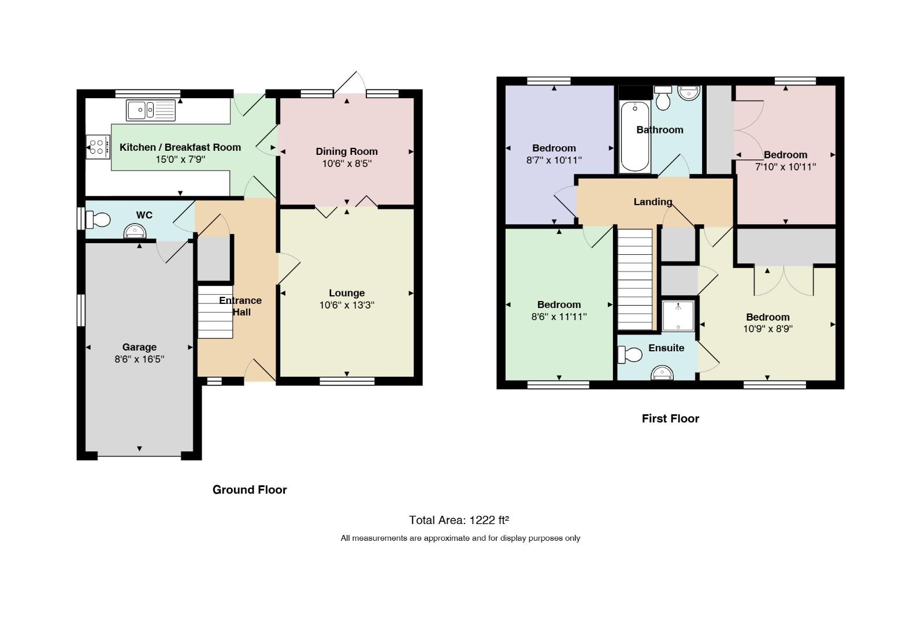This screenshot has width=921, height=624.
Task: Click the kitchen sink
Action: click(x=151, y=110)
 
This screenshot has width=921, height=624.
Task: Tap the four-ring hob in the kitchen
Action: click(x=98, y=147)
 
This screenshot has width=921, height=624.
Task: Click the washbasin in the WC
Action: click(x=135, y=231)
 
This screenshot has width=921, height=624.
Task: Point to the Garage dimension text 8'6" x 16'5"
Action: click(x=139, y=359)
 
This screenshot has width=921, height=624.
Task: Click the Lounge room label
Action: click(x=347, y=293)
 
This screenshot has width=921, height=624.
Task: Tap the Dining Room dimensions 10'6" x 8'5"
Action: click(x=347, y=164)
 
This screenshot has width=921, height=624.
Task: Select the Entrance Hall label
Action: click(x=240, y=306)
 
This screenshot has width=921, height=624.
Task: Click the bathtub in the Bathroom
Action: click(x=635, y=136)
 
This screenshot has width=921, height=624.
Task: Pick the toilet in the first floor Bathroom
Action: click(x=663, y=98)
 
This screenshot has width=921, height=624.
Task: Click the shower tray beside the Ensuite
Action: click(x=678, y=315)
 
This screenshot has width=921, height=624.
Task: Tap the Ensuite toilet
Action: click(x=630, y=354)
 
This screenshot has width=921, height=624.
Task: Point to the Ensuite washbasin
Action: click(x=662, y=373)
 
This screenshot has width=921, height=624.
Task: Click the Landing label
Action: click(x=653, y=202)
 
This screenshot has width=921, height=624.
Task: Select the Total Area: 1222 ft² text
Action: click(x=459, y=521)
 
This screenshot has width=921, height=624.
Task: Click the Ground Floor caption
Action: click(x=250, y=489)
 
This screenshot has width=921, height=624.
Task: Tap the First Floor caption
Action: click(x=670, y=418)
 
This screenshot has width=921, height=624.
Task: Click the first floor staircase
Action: click(x=635, y=280)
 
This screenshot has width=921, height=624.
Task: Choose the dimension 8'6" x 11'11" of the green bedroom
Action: click(x=559, y=317)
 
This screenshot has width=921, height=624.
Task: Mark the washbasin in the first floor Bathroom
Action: click(x=689, y=93)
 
